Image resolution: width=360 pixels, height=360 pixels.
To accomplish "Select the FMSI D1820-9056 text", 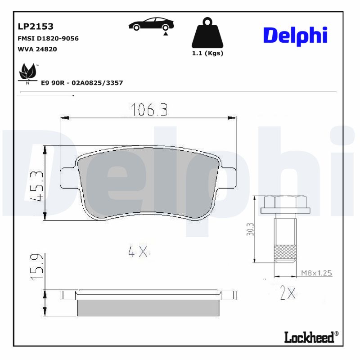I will click(x=48, y=39).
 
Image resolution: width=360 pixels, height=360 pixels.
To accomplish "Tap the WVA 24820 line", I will click(x=37, y=49).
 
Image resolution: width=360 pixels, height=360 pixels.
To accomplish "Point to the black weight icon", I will click(x=207, y=33).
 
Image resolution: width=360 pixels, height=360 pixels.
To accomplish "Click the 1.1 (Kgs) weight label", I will click(x=207, y=53).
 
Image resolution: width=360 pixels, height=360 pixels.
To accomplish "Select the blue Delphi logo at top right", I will click(x=295, y=35).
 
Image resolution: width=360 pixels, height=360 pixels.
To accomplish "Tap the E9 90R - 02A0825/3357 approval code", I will click(x=82, y=83).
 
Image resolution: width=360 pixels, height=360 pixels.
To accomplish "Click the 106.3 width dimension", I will click(x=149, y=110).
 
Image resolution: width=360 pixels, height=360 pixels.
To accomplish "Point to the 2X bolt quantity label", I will click(x=287, y=294).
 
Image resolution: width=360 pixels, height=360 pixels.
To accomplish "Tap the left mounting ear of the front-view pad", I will click(x=67, y=177).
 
